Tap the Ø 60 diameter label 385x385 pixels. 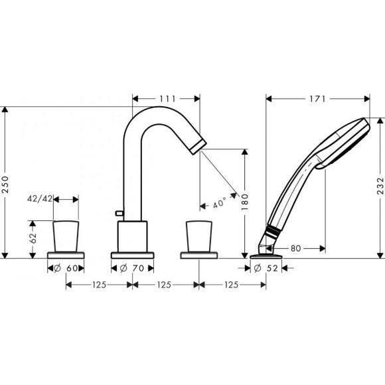[x=66, y=268]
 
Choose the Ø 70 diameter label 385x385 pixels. [x=133, y=268]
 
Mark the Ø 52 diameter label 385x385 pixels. [x=266, y=268]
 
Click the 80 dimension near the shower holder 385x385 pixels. [x=296, y=248]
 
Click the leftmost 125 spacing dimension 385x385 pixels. [x=100, y=285]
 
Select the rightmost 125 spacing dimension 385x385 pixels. [x=232, y=285]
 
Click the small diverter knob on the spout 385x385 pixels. [x=117, y=212]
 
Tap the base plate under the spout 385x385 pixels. [x=133, y=256]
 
